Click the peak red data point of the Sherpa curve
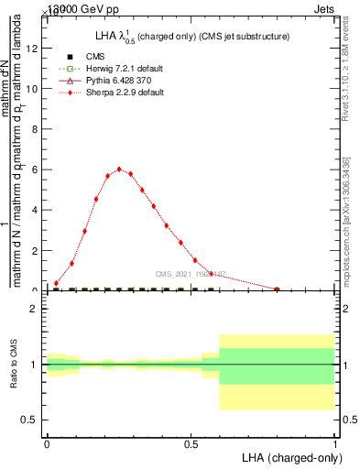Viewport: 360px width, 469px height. [x=119, y=169]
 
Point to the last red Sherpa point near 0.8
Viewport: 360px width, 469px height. [x=277, y=289]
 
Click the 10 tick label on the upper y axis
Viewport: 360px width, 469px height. [x=34, y=89]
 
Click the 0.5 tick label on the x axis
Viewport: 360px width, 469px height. [x=191, y=444]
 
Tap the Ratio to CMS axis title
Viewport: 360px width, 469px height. [x=14, y=365]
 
